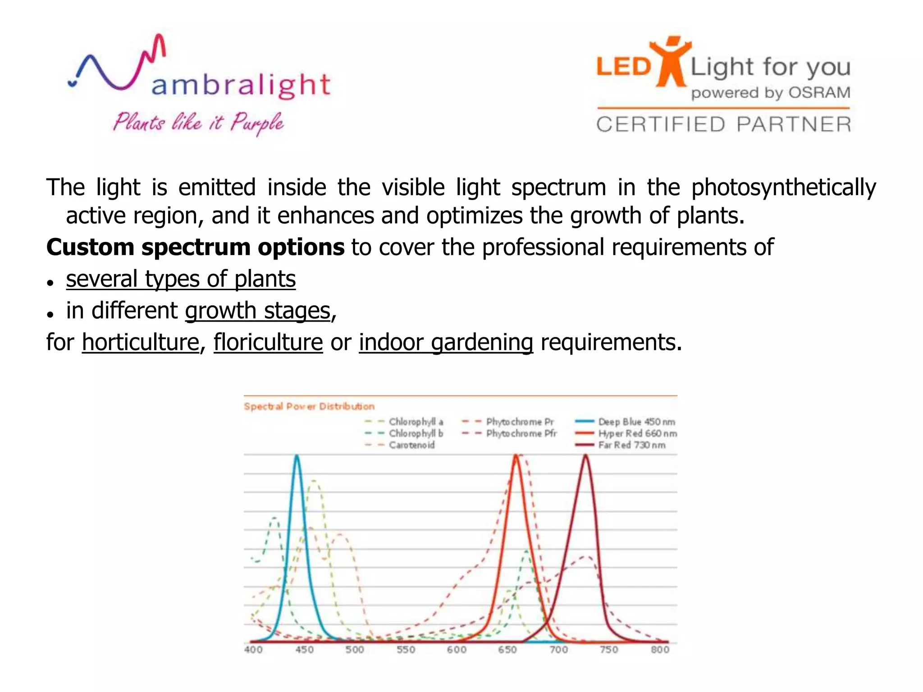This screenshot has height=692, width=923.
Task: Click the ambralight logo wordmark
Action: click(x=241, y=85)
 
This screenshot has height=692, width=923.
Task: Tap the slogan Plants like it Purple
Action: click(x=198, y=123)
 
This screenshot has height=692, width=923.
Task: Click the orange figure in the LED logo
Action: click(x=670, y=62)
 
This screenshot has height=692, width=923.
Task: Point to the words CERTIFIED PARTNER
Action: click(x=723, y=124)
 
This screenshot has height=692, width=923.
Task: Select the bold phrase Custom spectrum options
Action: click(x=195, y=247)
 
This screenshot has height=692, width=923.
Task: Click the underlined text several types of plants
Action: click(x=181, y=279)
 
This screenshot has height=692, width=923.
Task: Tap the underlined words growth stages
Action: click(x=258, y=311)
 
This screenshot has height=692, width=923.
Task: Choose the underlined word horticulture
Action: click(x=140, y=342)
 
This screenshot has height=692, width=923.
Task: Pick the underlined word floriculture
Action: click(x=268, y=342)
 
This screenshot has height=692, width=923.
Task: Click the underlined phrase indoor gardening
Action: click(x=446, y=342)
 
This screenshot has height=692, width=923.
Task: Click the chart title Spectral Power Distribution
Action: click(x=309, y=406)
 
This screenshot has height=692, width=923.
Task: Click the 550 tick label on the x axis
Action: click(x=406, y=650)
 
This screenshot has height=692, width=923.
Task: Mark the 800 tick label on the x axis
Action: click(x=660, y=650)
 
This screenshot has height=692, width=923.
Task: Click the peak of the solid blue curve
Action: click(x=297, y=456)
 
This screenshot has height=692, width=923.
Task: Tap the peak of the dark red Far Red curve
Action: click(x=585, y=456)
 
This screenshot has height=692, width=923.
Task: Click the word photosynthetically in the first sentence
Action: click(x=783, y=187)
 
